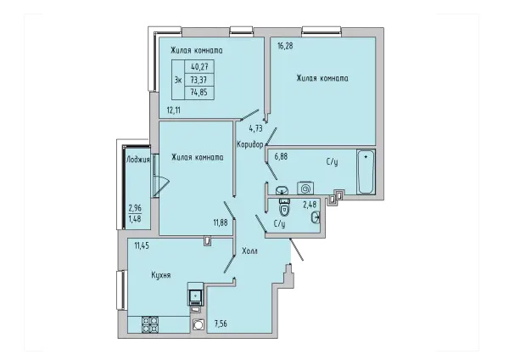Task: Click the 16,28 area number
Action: (x=285, y=46)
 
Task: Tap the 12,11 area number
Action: (x=174, y=110)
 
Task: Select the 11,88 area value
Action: (x=220, y=223)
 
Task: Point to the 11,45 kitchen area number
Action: (x=142, y=245)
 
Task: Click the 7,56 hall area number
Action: (x=221, y=323)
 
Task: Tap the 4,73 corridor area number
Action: (x=256, y=129)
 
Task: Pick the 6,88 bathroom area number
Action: (x=281, y=156)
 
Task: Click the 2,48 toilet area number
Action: (x=310, y=205)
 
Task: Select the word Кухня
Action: (x=161, y=276)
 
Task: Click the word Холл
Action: (x=249, y=250)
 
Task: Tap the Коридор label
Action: (x=250, y=144)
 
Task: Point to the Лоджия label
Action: (x=138, y=160)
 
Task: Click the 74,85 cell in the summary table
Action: (x=199, y=93)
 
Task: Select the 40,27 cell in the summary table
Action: (x=199, y=67)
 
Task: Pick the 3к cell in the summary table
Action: (x=178, y=80)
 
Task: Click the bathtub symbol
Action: (x=366, y=172)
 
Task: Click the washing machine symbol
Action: (x=305, y=188)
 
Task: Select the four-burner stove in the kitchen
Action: (x=150, y=324)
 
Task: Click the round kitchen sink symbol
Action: (x=198, y=324)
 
